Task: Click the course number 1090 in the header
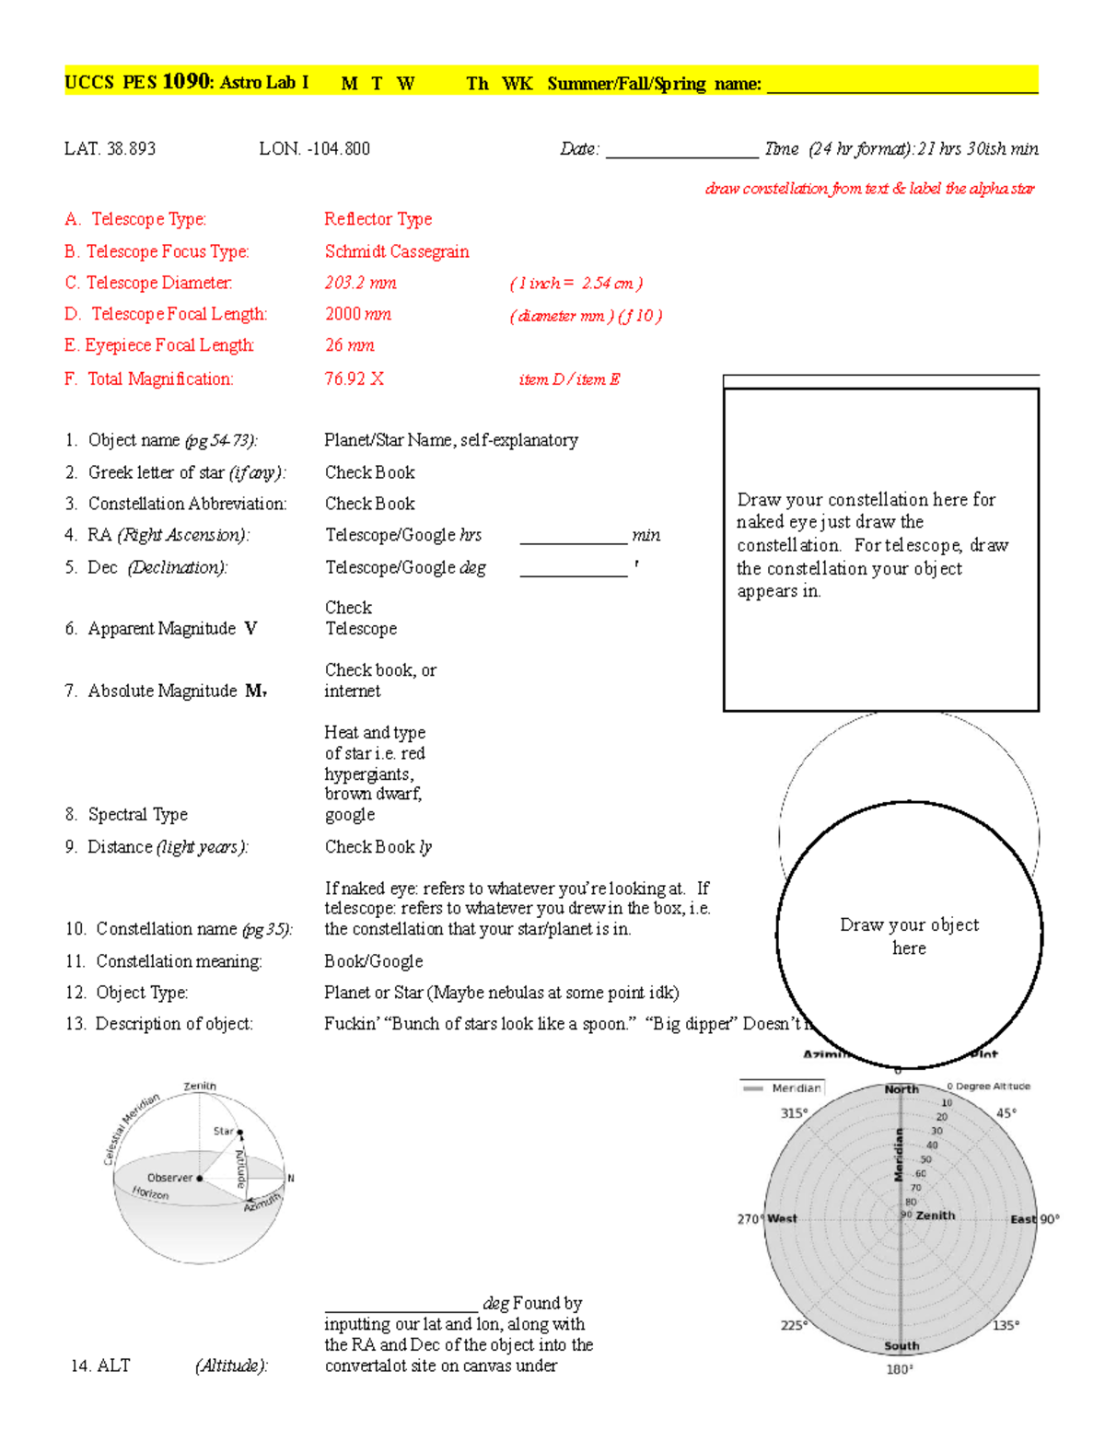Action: pos(186,82)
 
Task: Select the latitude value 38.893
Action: pos(131,149)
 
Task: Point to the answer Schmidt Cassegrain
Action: pos(396,251)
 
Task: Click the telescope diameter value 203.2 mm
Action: pos(360,283)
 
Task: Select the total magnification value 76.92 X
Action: pos(354,378)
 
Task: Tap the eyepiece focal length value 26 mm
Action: pos(349,345)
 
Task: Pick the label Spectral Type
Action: pos(137,814)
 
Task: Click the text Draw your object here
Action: pos(909,936)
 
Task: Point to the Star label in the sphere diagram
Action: pos(223,1131)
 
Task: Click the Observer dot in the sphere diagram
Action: pos(200,1178)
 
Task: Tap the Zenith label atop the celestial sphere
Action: pos(200,1087)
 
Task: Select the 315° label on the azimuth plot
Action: pos(794,1113)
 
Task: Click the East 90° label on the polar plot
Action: pos(1035,1219)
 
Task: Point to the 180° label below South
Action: pos(899,1369)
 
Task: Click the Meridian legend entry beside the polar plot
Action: pos(784,1088)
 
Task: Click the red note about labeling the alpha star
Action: pos(869,189)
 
